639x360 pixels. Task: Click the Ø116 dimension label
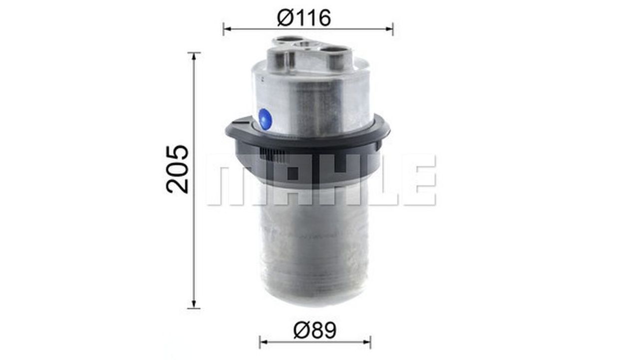304,17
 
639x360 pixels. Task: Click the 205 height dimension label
177,169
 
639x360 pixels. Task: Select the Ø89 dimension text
315,331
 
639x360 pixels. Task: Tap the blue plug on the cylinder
265,119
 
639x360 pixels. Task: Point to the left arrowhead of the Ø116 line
227,29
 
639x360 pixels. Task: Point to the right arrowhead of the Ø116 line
389,29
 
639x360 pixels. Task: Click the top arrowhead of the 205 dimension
194,56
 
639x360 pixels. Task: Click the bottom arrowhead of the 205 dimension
194,305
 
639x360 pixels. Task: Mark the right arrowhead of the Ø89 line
367,342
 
